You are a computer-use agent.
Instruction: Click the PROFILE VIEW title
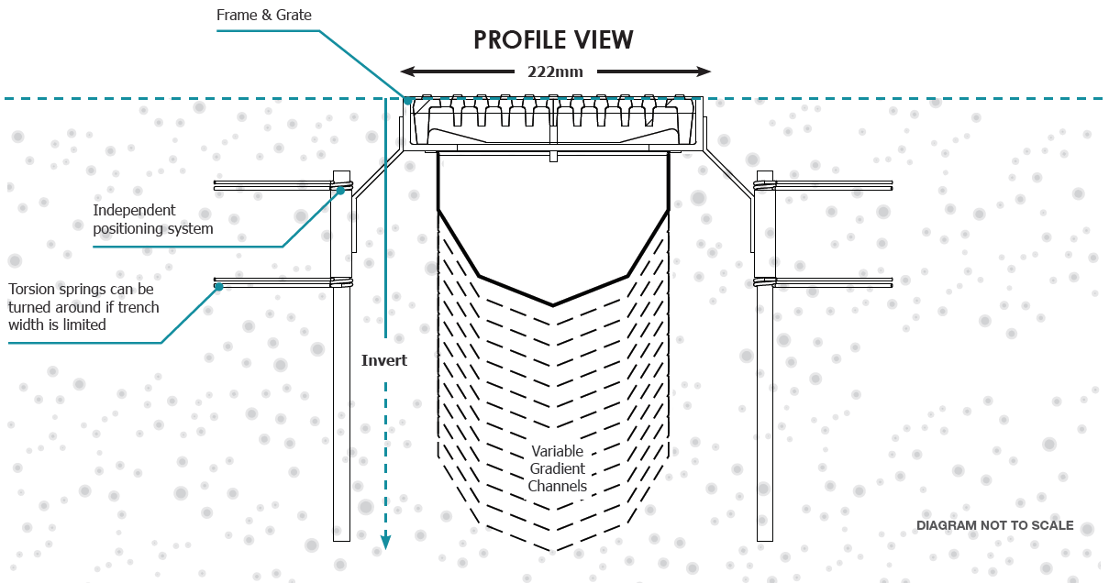pos(553,40)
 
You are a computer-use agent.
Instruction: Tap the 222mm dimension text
pos(555,72)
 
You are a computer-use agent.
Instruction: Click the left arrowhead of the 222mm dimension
pos(407,71)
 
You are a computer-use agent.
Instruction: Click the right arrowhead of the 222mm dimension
pos(704,71)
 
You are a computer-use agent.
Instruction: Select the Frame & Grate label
pos(264,16)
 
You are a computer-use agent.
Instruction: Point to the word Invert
pos(384,360)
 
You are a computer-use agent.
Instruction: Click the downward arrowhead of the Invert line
pos(385,543)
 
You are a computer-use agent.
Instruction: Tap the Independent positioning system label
pos(153,219)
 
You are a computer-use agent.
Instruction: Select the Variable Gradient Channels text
pos(558,468)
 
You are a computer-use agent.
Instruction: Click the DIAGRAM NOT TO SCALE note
pos(994,525)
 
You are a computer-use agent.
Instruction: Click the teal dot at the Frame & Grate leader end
pos(408,101)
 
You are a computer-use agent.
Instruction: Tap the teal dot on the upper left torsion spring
pos(340,191)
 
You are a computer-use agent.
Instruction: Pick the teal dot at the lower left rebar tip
pos(219,287)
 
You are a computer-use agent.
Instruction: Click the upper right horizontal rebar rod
pos(833,185)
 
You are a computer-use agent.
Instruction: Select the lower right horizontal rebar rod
pos(833,282)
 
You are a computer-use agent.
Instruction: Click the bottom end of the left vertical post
pos(341,540)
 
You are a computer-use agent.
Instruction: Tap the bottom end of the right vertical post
pos(765,540)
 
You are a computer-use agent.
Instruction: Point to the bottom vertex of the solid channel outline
pos(553,305)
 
